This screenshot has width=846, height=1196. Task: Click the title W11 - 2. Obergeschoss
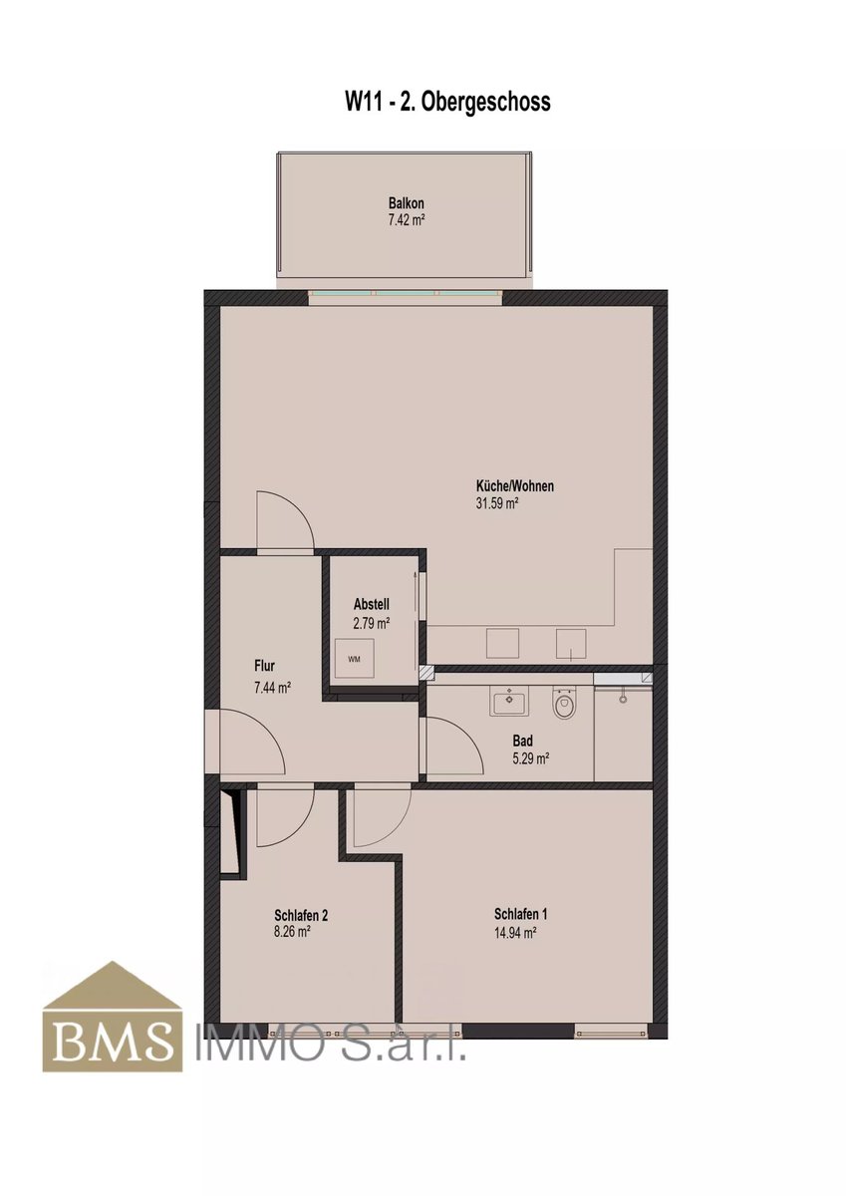point(447,102)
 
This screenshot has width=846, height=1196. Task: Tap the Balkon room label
point(407,203)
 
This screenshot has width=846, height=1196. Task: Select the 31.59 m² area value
point(497,503)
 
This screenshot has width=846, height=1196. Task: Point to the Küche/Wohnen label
point(514,486)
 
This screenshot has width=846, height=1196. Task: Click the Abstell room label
point(371,604)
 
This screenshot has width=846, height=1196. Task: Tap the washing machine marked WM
point(354,659)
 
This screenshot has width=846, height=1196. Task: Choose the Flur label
point(265,666)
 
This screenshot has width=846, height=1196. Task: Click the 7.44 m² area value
point(272,689)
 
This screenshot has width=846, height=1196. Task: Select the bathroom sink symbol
point(509,700)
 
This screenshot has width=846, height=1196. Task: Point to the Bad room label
point(522,741)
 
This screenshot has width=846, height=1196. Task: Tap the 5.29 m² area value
point(531,758)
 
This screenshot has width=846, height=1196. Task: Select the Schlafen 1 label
point(520,914)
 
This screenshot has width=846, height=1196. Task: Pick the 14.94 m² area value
point(515,933)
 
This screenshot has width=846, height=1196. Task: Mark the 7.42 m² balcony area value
point(407,220)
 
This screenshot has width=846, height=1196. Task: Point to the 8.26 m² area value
point(293,932)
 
